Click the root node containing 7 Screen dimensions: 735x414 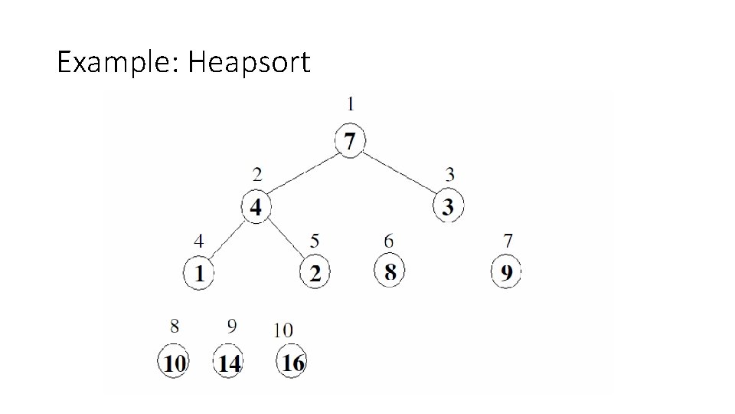point(350,142)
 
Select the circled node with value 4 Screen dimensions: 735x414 point(256,207)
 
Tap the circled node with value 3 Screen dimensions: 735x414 point(448,207)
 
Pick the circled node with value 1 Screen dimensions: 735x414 point(200,274)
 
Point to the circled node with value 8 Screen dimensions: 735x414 point(390,271)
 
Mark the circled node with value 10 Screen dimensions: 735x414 point(175,363)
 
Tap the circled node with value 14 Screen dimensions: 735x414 point(229,363)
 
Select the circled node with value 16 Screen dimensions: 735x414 point(292,362)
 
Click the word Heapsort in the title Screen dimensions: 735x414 point(249,62)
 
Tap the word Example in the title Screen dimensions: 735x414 point(116,62)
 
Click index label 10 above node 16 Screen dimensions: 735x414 point(283,330)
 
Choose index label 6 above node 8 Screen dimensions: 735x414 point(389,242)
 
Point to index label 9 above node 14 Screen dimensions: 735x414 point(232,327)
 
